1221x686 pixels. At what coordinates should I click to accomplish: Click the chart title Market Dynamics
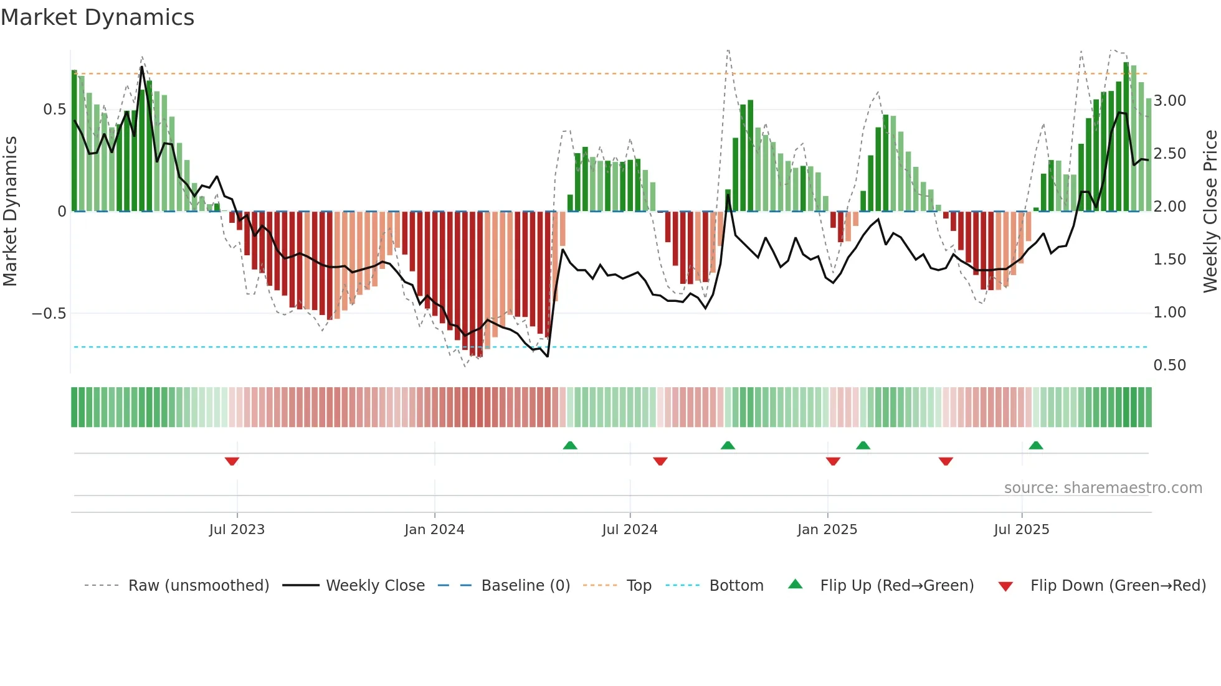[97, 17]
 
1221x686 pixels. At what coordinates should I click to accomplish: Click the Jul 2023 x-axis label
[237, 530]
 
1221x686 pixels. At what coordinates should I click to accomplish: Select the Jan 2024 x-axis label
[434, 530]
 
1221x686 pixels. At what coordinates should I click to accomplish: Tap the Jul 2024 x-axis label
[629, 530]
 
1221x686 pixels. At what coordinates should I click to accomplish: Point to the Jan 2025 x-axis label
[827, 530]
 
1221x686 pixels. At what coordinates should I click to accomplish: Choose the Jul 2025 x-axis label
[1021, 530]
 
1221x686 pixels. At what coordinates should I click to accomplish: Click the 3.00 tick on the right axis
[1169, 101]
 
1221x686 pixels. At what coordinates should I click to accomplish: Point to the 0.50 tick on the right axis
[1169, 365]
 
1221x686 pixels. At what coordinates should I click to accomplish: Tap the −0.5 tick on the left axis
[49, 313]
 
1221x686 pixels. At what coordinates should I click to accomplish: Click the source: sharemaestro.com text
[1103, 488]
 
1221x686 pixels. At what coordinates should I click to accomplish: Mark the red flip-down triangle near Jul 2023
[232, 461]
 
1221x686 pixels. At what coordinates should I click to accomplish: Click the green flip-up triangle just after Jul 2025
[1035, 445]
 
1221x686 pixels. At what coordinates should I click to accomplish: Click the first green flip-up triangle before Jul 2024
[569, 445]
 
